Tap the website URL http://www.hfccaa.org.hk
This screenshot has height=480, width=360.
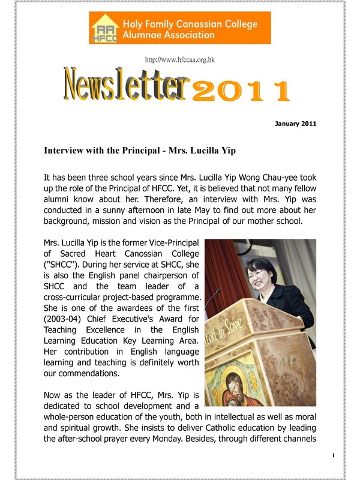coord(179,60)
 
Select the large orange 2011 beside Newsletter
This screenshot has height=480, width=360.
coord(240,91)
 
